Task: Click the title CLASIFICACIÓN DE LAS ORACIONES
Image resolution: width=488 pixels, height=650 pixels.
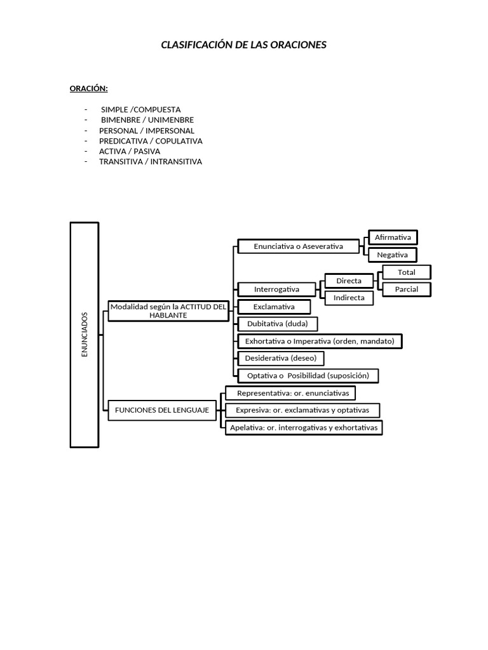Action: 243,45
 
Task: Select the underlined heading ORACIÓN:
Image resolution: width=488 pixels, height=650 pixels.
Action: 89,89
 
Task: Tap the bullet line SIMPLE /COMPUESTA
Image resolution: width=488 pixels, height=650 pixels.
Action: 140,110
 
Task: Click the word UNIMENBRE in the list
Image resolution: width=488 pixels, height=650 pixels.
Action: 171,120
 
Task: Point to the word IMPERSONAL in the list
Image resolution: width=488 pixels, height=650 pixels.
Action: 170,131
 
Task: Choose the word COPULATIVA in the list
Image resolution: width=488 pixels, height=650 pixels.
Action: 179,141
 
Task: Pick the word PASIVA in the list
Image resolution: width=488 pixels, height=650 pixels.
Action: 147,151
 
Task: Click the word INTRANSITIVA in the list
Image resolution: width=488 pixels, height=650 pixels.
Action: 176,162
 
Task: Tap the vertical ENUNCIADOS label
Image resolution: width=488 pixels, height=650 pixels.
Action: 85,335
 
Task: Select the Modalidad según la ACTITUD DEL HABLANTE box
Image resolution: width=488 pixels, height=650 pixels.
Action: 168,311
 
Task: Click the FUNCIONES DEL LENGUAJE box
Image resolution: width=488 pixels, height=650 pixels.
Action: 162,411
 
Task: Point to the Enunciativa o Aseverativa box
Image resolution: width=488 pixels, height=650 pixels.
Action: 299,246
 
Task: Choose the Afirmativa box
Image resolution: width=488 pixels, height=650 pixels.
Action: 393,237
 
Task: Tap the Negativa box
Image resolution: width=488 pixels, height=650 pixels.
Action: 393,255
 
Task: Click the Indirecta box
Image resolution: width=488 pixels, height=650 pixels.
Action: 349,298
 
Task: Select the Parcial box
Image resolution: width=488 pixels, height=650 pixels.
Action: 407,289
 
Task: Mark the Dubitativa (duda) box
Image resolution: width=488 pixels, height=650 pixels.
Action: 278,324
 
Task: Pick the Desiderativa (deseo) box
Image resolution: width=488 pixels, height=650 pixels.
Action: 280,358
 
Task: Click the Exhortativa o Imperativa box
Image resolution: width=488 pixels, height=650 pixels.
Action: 320,341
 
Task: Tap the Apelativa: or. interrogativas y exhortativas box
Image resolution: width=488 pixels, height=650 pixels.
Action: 304,428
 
